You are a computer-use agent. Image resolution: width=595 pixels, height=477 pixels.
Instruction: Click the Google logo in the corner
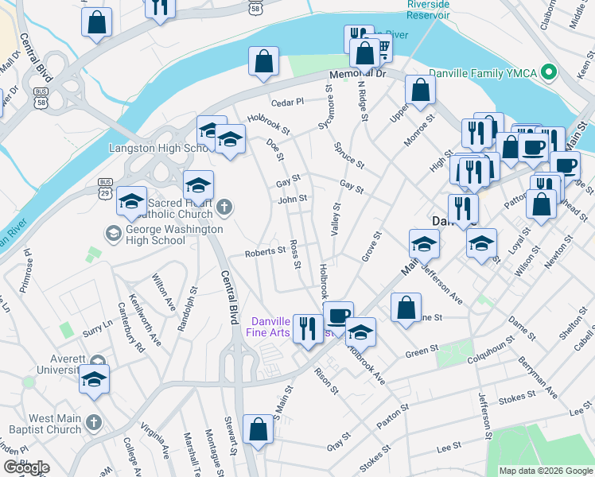(26, 467)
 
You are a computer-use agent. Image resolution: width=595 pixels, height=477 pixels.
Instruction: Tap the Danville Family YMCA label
(483, 72)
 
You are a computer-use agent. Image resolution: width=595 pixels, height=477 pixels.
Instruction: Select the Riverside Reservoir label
(428, 9)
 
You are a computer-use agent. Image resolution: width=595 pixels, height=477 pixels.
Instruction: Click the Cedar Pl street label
(287, 102)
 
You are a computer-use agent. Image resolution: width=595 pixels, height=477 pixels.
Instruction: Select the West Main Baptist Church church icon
(94, 421)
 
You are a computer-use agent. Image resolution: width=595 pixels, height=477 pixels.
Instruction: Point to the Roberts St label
(265, 251)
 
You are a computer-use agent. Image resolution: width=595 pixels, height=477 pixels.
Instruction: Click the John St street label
(292, 199)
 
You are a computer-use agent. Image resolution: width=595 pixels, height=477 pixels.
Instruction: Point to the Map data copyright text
(545, 471)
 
